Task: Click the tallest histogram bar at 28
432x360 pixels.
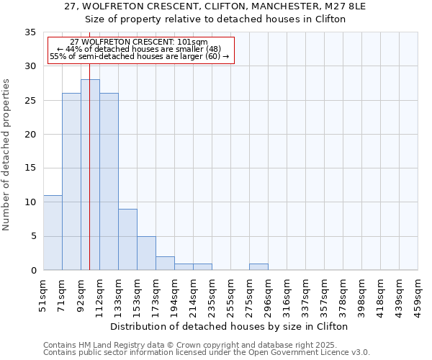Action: (x=90, y=174)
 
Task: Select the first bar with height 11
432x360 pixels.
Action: (x=53, y=233)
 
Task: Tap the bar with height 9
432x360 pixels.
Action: (x=127, y=239)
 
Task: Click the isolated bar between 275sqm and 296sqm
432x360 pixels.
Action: (x=258, y=266)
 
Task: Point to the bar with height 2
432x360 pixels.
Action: (x=165, y=263)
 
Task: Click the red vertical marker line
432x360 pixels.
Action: (x=89, y=180)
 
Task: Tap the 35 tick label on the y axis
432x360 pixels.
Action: (x=30, y=32)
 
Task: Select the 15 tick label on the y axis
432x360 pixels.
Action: (x=30, y=168)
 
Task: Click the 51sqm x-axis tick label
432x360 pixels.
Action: (x=42, y=294)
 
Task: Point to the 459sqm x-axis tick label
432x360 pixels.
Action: (x=418, y=294)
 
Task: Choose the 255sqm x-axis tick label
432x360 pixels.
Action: (x=230, y=294)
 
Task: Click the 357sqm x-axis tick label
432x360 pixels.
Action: (x=324, y=294)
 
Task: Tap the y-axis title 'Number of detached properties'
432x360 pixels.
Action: (x=7, y=155)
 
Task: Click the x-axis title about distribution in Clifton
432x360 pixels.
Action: (x=230, y=326)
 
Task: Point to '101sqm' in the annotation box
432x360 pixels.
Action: (x=193, y=42)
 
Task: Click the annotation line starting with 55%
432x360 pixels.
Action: (x=140, y=56)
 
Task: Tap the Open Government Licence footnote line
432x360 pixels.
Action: (x=207, y=352)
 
